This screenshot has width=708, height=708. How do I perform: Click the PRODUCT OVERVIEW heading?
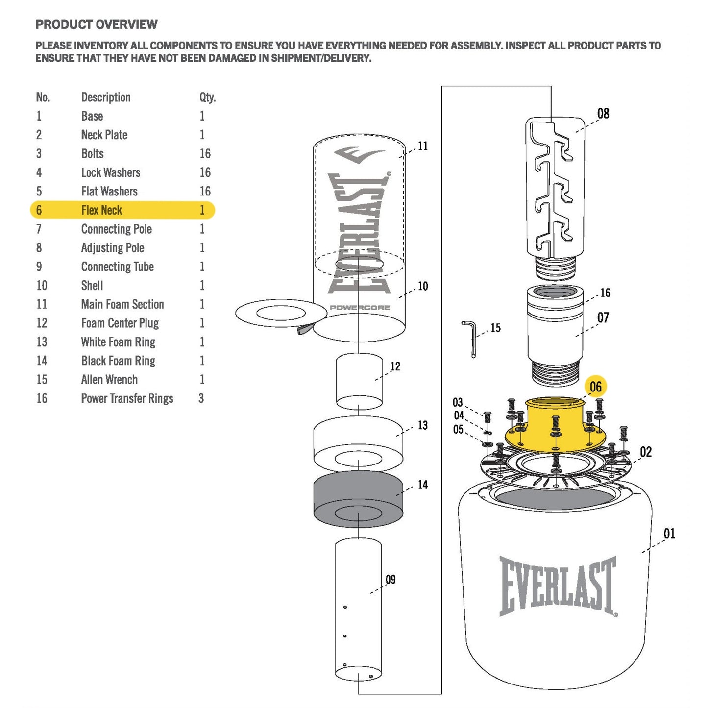tap(97, 24)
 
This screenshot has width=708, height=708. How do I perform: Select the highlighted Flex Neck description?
tap(101, 210)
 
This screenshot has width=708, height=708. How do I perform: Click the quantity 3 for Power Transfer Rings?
tap(201, 398)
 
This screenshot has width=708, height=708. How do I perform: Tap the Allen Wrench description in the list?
tap(109, 380)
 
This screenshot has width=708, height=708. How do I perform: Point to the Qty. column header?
tap(207, 98)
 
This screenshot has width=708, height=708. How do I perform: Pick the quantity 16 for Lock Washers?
tap(205, 172)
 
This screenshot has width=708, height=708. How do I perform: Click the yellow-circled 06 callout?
tap(595, 387)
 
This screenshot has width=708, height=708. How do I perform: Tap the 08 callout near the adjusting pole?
tap(603, 114)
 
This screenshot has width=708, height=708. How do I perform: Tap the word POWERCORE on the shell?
tap(360, 308)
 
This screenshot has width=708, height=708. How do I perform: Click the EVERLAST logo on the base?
tap(558, 586)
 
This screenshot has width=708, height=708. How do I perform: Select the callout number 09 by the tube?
tap(391, 580)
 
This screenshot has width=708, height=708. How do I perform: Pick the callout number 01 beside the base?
tap(669, 534)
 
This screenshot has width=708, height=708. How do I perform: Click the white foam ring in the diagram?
tap(358, 441)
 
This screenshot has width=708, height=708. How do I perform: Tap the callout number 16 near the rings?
tap(605, 293)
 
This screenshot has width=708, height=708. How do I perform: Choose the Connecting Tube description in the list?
tap(117, 267)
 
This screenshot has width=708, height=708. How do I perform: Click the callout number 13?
tap(422, 425)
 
